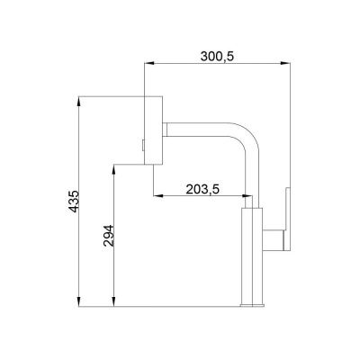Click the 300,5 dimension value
(217, 56)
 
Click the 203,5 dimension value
(202, 189)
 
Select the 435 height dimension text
(74, 201)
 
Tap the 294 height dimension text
(109, 236)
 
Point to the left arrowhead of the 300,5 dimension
(149, 63)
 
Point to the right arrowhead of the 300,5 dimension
(285, 63)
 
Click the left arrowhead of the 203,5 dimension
(158, 196)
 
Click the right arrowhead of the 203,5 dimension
(247, 196)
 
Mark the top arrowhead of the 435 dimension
(78, 101)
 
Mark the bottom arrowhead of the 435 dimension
(78, 301)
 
